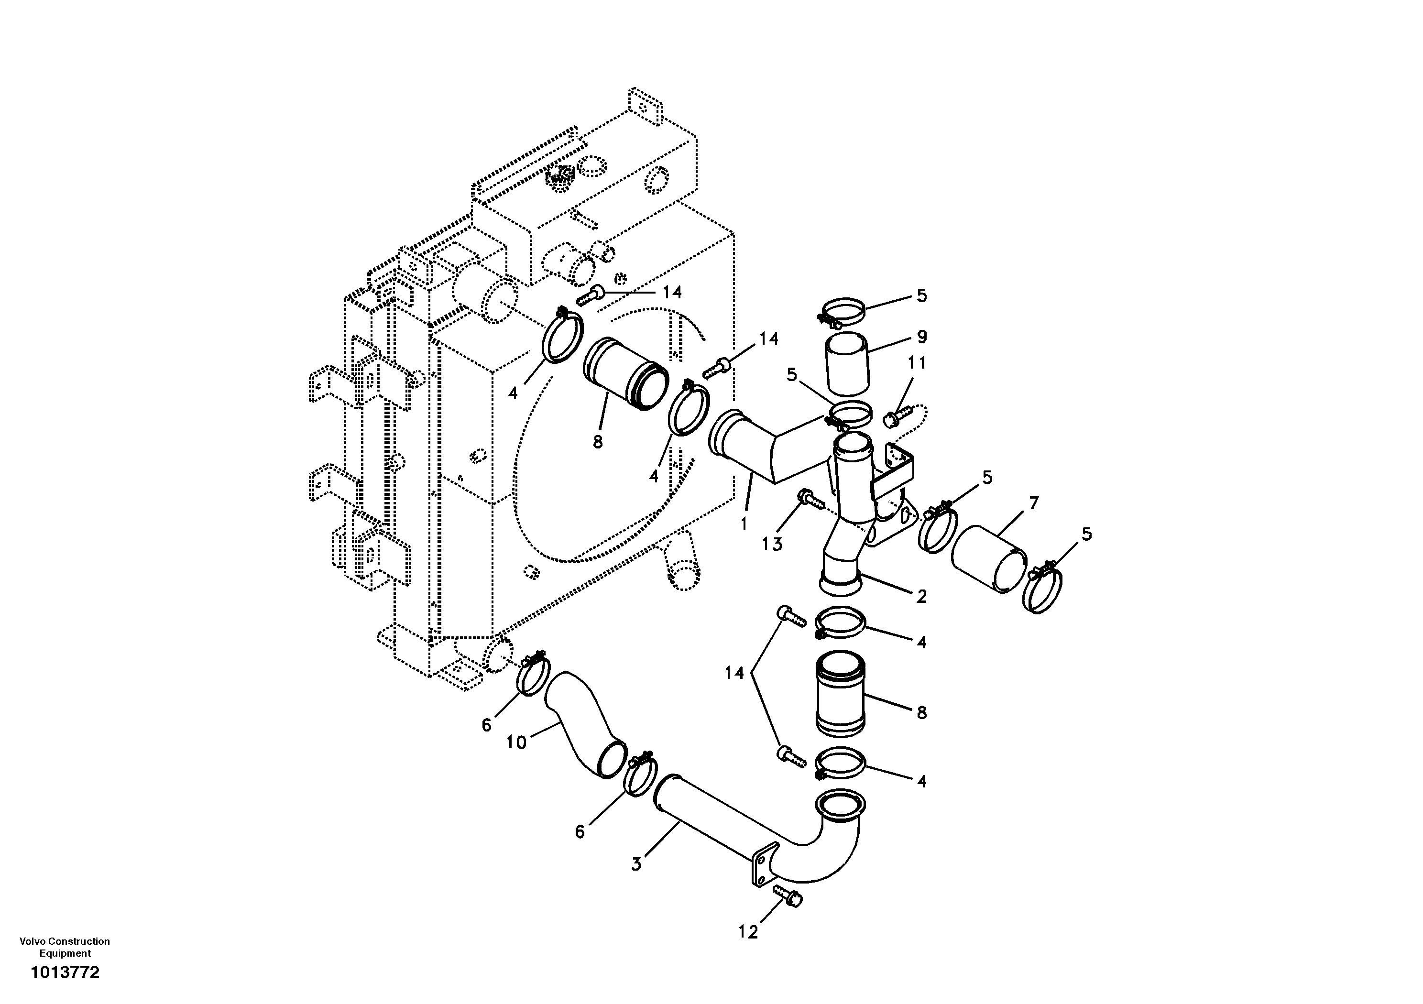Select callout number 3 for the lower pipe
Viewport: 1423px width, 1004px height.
pos(636,864)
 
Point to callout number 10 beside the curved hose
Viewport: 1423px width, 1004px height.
pos(516,742)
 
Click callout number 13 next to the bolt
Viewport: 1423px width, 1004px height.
pos(772,544)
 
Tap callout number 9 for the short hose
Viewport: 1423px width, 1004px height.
pos(921,337)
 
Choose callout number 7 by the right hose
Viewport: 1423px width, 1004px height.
pos(1033,503)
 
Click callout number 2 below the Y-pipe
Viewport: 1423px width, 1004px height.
pos(921,596)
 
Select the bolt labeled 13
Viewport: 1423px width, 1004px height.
pos(809,496)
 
